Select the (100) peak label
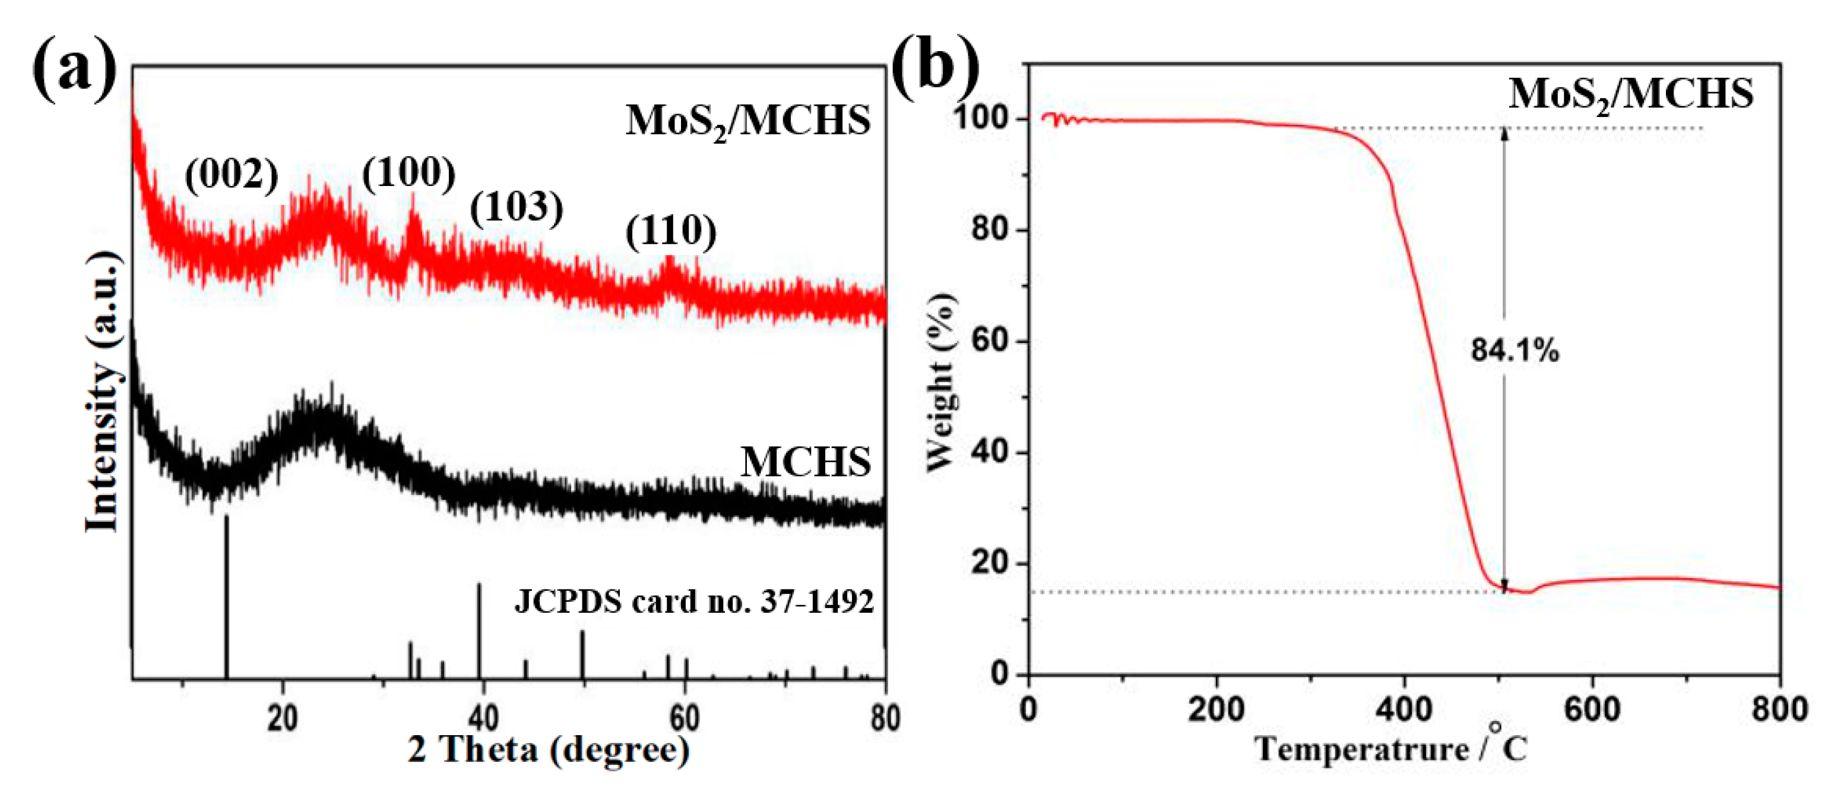[x=408, y=172]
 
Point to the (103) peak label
[x=517, y=207]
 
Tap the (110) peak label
[x=671, y=232]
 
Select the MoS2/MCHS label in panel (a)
[x=748, y=121]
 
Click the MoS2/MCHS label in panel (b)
[x=1631, y=94]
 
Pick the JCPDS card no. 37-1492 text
[x=693, y=601]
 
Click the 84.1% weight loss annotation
[x=1515, y=350]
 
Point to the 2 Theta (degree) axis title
[x=548, y=749]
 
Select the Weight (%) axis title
[x=941, y=382]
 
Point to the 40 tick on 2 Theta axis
[x=483, y=718]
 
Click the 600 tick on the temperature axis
[x=1592, y=710]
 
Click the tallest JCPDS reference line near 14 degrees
[x=226, y=597]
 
